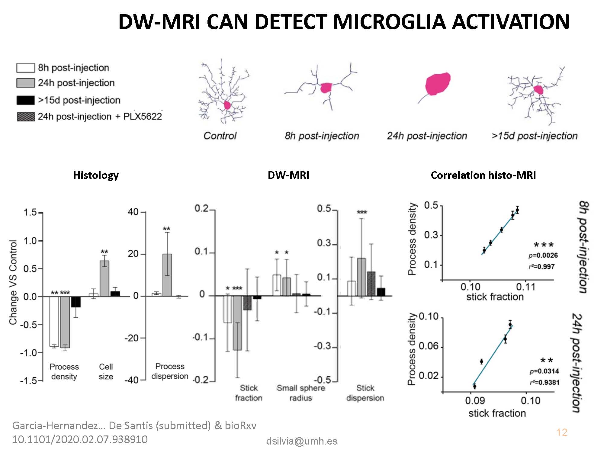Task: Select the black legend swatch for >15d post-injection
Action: pos(25,100)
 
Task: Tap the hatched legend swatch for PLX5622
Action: pos(26,117)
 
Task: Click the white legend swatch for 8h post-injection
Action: pos(25,68)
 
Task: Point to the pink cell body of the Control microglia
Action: pos(227,105)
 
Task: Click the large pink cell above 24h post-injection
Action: pos(438,84)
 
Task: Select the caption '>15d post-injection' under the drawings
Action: pos(535,136)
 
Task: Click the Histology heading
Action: pos(96,175)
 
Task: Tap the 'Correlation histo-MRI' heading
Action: pos(483,175)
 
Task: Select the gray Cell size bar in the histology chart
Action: pos(104,278)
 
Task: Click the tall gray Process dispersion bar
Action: pos(167,275)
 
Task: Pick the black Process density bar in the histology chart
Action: pos(76,302)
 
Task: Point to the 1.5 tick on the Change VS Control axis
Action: pos(30,213)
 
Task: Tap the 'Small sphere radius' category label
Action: pos(301,393)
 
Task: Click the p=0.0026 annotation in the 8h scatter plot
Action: pos(543,255)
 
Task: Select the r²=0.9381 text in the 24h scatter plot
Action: pos(545,383)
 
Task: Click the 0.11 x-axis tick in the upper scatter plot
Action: pos(526,287)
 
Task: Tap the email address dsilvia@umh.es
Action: pos(302,441)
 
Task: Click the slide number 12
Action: pos(562,432)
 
